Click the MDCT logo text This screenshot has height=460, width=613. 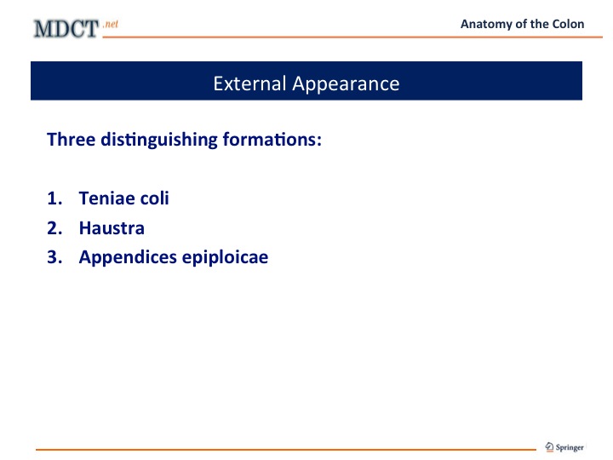click(66, 29)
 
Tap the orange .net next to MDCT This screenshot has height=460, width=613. click(111, 24)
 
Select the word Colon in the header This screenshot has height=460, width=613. click(568, 24)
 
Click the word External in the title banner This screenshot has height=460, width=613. click(249, 83)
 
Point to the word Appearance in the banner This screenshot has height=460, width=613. click(346, 84)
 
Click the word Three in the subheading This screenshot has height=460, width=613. click(72, 139)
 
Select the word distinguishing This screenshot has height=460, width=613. click(158, 140)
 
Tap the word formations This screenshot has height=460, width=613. click(272, 139)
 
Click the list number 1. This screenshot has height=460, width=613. click(54, 198)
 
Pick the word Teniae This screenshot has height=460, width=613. click(106, 198)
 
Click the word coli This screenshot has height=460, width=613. click(154, 198)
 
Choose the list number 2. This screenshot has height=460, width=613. click(54, 228)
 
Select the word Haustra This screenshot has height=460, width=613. click(112, 228)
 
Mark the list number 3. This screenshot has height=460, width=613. click(54, 257)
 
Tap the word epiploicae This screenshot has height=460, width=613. click(225, 258)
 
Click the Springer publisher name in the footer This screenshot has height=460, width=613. click(570, 447)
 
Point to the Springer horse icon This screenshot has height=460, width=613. click(550, 446)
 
